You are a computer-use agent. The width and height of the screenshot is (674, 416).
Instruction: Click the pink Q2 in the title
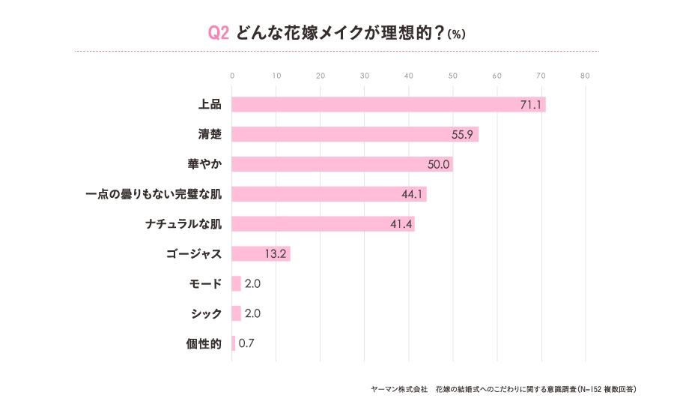[x=218, y=34]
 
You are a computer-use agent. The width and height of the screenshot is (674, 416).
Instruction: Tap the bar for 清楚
[x=355, y=134]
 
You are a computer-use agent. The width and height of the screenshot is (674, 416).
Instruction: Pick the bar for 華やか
[x=342, y=164]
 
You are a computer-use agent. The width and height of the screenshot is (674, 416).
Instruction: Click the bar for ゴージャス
[x=261, y=253]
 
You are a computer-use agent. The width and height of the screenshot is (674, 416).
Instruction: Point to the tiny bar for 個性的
[x=234, y=343]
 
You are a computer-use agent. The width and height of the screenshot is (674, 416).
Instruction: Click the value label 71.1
[x=530, y=104]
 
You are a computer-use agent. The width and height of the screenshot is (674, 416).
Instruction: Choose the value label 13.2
[x=276, y=253]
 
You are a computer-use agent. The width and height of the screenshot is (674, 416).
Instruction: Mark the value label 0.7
[x=248, y=343]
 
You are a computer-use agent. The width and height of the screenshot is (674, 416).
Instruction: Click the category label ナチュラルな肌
[x=183, y=224]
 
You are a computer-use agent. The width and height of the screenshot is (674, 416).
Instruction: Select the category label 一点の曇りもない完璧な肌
[x=154, y=194]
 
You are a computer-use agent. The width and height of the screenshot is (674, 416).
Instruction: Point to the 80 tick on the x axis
[x=585, y=76]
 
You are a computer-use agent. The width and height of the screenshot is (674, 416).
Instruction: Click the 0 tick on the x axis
[x=232, y=76]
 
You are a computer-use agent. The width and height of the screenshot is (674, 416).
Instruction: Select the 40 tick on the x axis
[x=409, y=76]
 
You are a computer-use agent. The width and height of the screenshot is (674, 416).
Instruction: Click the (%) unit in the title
[x=456, y=35]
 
